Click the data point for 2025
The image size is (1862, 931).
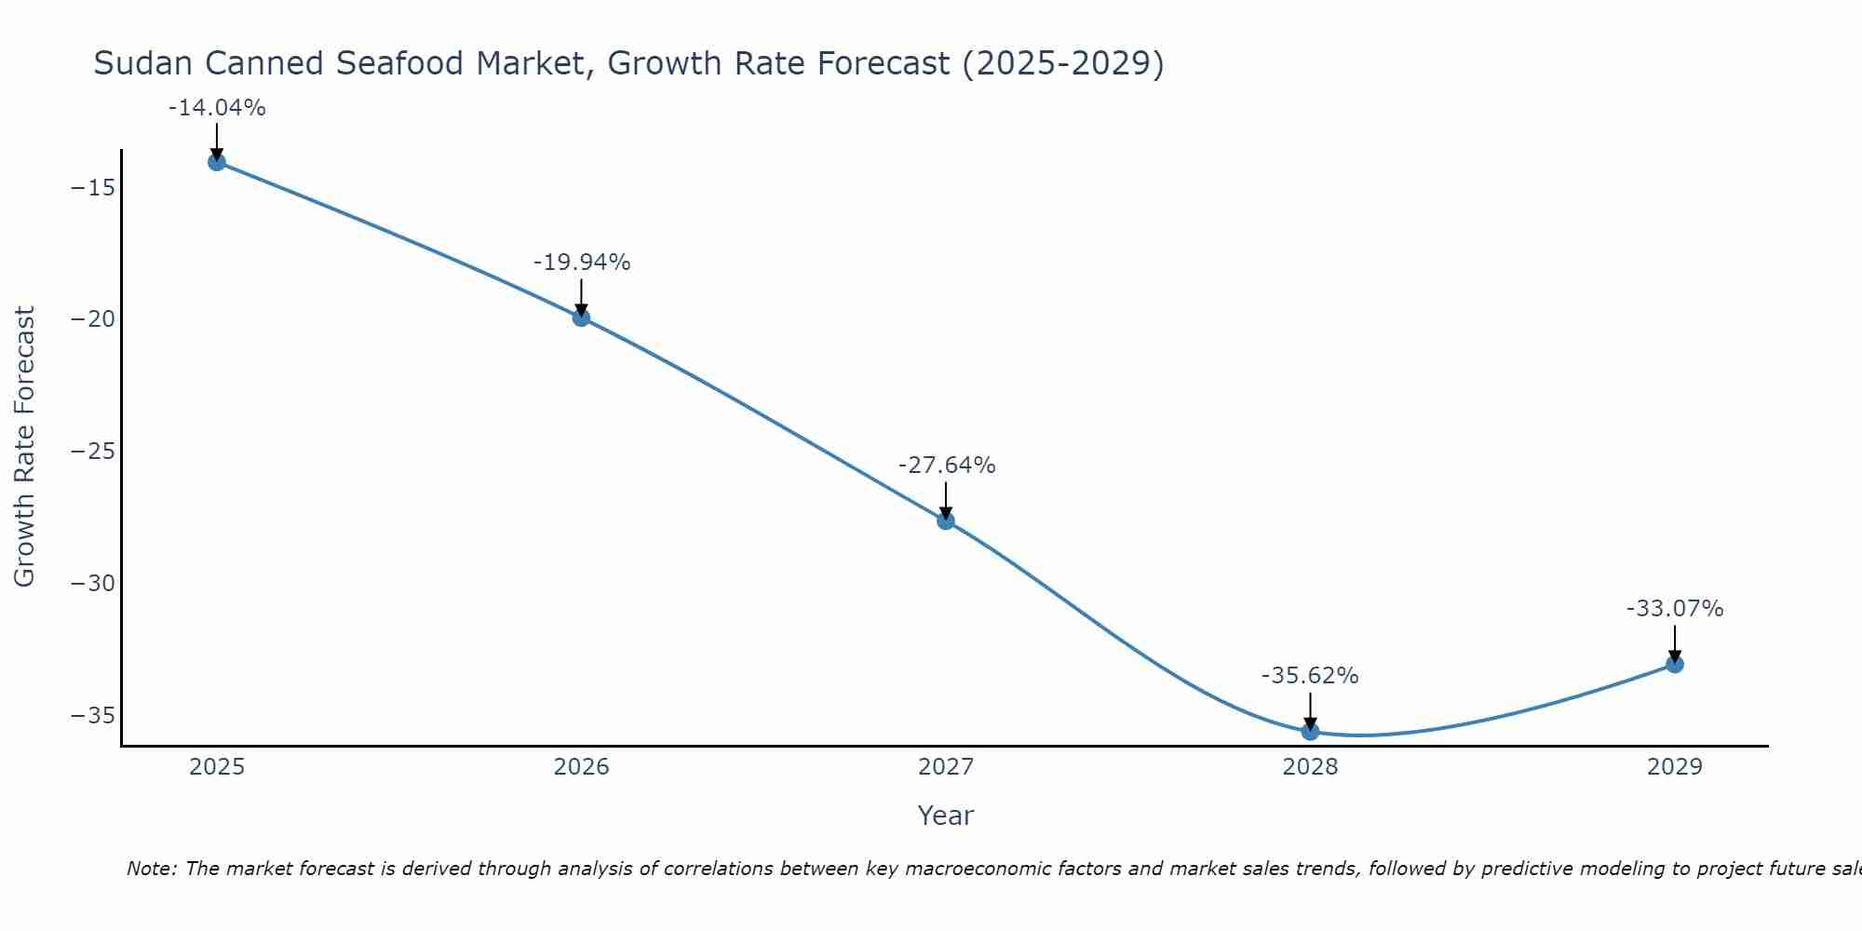coord(217,162)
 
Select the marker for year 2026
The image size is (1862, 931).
coord(581,317)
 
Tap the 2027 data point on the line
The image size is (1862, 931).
coord(946,520)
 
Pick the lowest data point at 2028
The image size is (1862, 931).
coord(1310,731)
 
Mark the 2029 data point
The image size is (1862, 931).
coord(1675,664)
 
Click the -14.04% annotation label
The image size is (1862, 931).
coord(217,108)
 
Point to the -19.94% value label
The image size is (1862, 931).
coord(582,263)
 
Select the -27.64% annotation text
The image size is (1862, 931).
coord(947,465)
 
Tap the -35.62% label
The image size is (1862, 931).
coord(1310,676)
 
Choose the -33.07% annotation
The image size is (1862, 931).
coord(1675,609)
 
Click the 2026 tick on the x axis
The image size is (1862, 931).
coord(581,767)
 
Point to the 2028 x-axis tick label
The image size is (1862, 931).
coord(1310,767)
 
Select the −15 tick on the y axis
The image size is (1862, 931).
coord(93,187)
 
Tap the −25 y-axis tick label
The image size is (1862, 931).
coord(93,452)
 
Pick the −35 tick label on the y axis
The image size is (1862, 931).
coord(93,715)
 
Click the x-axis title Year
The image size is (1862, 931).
coord(946,816)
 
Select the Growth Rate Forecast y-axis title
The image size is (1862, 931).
coord(24,447)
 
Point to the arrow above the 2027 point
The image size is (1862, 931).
coord(946,501)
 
